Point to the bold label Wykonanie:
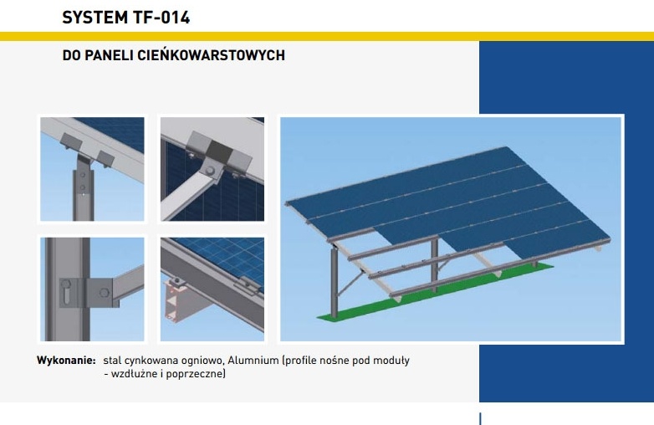pyautogui.click(x=66, y=361)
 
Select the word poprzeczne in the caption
pyautogui.click(x=196, y=374)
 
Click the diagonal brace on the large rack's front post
pyautogui.click(x=350, y=284)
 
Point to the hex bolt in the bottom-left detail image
pyautogui.click(x=104, y=292)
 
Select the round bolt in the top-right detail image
pyautogui.click(x=210, y=171)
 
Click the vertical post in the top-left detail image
pyautogui.click(x=83, y=188)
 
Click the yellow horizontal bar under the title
pyautogui.click(x=327, y=36)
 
